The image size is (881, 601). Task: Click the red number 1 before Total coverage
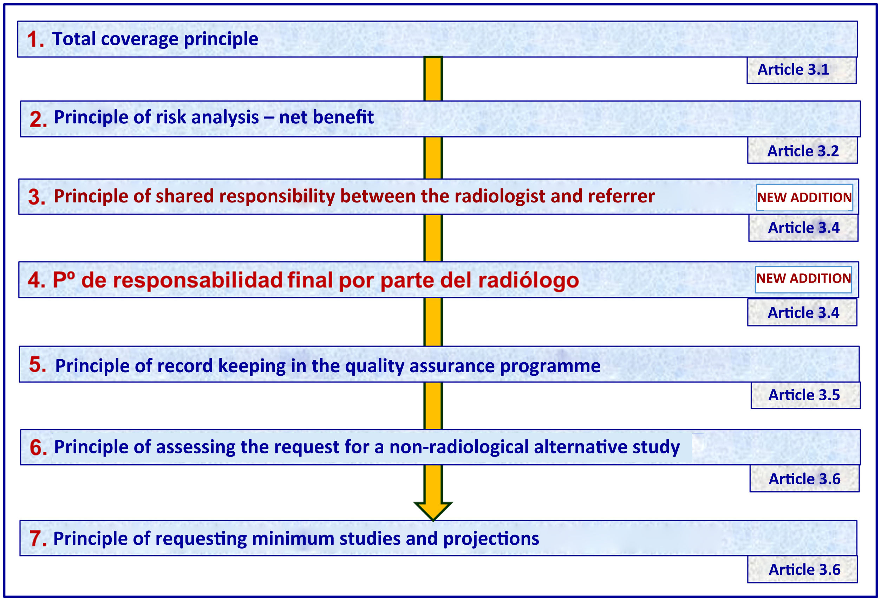coord(35,40)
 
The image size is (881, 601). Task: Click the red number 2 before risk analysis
coord(38,119)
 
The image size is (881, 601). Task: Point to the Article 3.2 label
coord(803,150)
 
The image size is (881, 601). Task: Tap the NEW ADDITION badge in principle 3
coord(804,198)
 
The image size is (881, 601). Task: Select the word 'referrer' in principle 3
coord(621,196)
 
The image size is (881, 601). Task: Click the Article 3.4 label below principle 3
coord(803,227)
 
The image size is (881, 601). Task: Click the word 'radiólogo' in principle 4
coord(528,281)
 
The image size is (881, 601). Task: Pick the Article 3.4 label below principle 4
coord(802,312)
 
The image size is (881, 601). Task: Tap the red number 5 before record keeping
coord(38,364)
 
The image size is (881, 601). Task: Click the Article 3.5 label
coord(805,395)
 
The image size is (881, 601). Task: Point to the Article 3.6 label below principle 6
coord(804,479)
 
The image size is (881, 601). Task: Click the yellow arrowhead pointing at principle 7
coord(433,511)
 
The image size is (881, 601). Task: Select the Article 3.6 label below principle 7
coord(802,569)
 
